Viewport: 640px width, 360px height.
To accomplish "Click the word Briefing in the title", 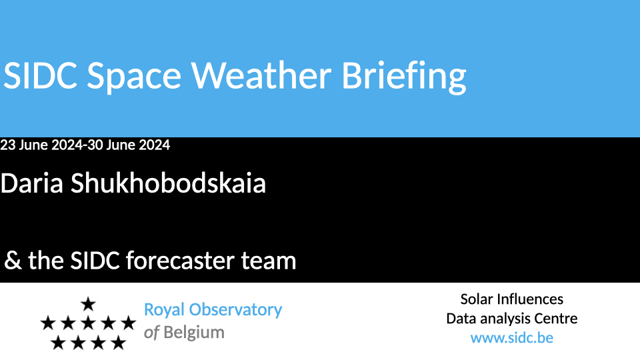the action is point(404,76).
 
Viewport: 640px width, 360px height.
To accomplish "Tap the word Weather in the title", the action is point(261,75).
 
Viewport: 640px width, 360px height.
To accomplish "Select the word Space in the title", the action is point(134,77).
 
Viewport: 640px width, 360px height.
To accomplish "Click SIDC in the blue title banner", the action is point(40,75).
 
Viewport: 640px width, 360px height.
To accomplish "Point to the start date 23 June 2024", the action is point(41,145).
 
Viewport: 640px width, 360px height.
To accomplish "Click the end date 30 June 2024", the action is point(129,145).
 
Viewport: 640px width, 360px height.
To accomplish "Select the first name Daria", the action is point(32,183).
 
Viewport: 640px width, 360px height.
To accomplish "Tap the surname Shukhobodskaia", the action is point(168,183).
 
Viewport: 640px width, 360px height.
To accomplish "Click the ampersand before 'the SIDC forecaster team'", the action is point(13,261).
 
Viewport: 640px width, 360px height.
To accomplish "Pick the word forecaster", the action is point(180,261).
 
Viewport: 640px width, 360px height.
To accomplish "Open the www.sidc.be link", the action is point(512,338).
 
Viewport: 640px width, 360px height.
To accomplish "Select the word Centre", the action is point(557,319).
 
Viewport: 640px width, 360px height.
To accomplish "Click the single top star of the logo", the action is point(88,304).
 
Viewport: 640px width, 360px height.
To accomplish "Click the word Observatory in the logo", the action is point(235,310).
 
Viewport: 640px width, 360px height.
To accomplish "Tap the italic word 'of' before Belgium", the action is point(151,333).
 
